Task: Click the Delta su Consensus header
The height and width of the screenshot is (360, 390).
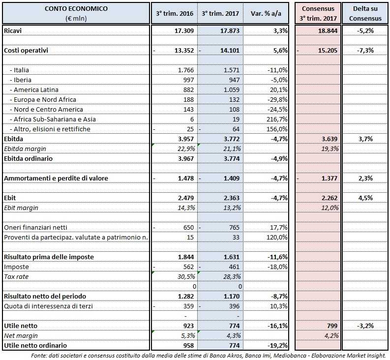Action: click(x=365, y=13)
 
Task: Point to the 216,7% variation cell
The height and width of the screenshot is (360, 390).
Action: click(x=277, y=119)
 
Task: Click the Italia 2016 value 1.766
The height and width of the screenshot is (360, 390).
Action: click(x=186, y=70)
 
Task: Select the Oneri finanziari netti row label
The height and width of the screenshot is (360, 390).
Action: click(x=36, y=227)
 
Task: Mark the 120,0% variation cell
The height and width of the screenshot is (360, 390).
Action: click(x=277, y=237)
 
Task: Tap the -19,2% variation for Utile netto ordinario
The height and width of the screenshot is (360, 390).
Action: click(x=276, y=345)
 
